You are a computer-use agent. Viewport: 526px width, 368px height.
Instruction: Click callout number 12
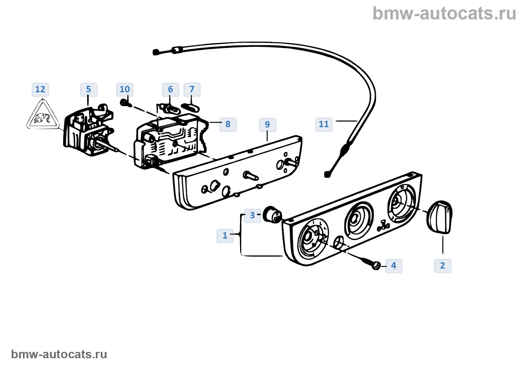point(40,90)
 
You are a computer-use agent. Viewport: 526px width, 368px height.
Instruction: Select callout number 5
point(89,90)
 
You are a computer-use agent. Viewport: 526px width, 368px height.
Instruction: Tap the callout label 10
point(125,90)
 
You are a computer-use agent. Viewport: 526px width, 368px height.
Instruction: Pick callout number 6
point(171,90)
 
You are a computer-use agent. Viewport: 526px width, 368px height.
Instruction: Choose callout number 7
point(192,90)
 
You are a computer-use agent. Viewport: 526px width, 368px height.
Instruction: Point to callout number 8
point(228,125)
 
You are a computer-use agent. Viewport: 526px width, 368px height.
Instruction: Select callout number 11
point(324,125)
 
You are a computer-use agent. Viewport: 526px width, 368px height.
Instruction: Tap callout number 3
point(252,216)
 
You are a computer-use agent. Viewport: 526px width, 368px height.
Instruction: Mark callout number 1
point(225,236)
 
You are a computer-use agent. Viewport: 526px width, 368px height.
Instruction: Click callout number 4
point(394,266)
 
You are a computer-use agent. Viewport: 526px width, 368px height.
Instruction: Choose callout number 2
point(443,266)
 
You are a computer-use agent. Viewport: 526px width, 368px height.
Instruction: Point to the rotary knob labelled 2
point(439,217)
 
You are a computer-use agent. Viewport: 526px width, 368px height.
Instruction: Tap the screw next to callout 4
point(376,266)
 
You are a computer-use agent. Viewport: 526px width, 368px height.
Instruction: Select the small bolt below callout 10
point(124,102)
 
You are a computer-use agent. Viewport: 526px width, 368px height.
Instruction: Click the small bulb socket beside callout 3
point(272,215)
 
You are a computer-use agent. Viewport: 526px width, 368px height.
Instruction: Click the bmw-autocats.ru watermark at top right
point(444,14)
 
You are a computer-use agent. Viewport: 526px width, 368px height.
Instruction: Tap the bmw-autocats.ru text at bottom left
point(59,354)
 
